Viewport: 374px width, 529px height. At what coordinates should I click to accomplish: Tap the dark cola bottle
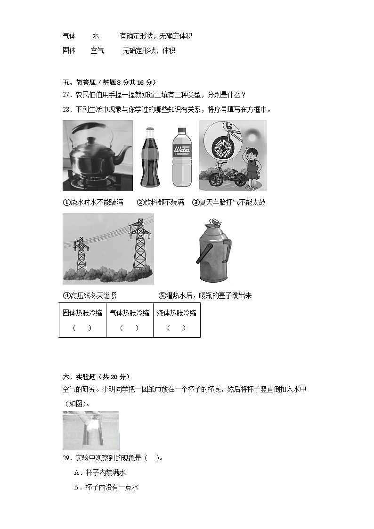pos(150,158)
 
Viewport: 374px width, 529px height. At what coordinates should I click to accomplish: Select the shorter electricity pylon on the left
pos(81,254)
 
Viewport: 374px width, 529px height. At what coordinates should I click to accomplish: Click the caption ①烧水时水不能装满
pos(93,202)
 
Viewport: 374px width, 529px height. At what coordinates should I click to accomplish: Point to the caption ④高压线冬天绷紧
pos(89,295)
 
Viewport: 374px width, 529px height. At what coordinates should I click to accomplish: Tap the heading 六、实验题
pos(96,376)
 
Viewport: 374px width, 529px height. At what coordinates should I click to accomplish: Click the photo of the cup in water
pos(90,431)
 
